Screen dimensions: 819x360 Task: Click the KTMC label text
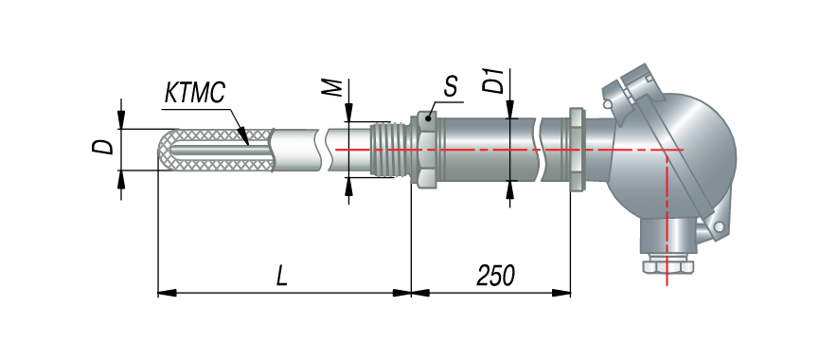pyautogui.click(x=194, y=93)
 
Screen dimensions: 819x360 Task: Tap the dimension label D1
pyautogui.click(x=493, y=80)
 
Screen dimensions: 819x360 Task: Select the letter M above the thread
pyautogui.click(x=332, y=89)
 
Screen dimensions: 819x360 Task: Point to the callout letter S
pyautogui.click(x=451, y=87)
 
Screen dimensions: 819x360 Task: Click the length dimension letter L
pyautogui.click(x=282, y=277)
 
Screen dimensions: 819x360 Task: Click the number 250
pyautogui.click(x=496, y=276)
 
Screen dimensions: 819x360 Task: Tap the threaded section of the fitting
pyautogui.click(x=390, y=150)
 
